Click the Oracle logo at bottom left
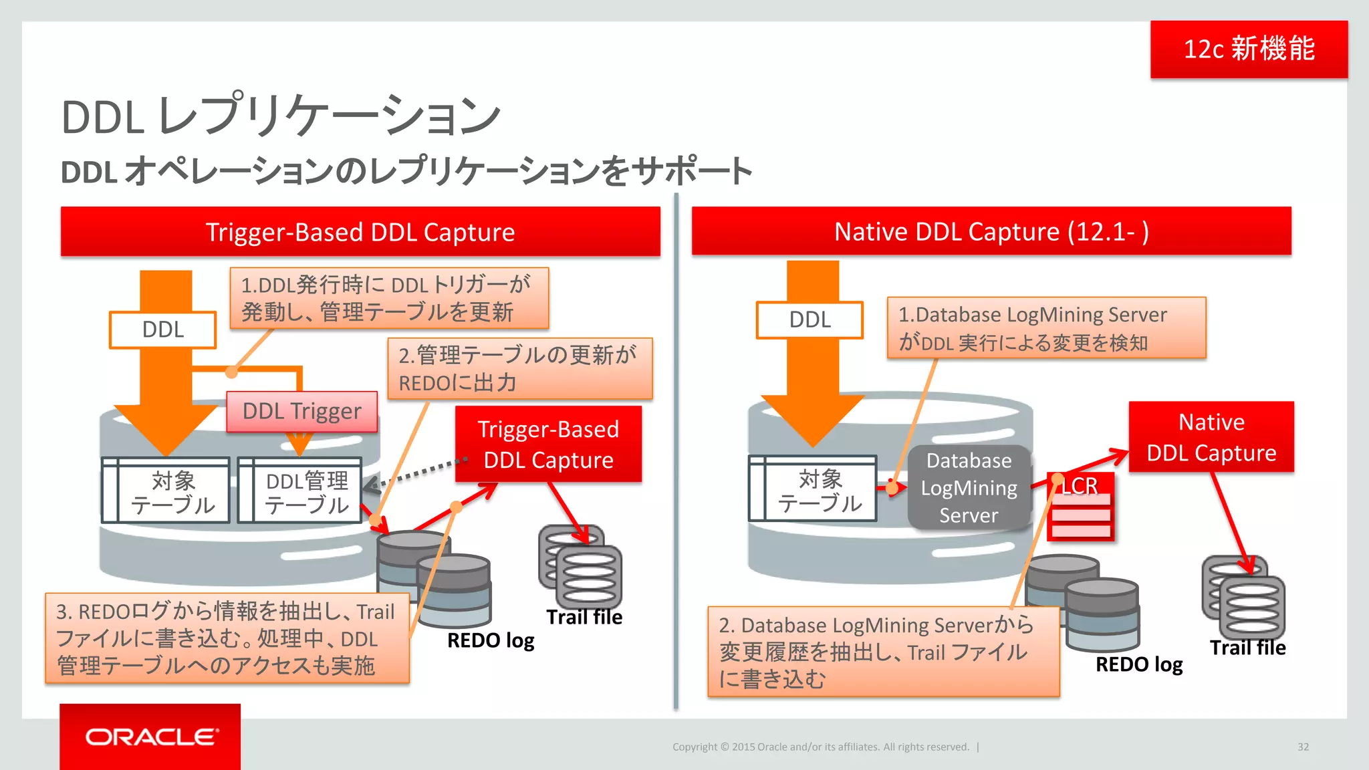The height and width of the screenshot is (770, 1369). pyautogui.click(x=151, y=737)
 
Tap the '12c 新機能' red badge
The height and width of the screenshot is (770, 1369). pyautogui.click(x=1249, y=49)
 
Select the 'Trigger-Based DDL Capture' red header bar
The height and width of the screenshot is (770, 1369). pyautogui.click(x=360, y=232)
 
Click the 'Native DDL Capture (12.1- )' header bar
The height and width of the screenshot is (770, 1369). pyautogui.click(x=991, y=231)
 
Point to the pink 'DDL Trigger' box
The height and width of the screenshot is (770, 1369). pyautogui.click(x=302, y=411)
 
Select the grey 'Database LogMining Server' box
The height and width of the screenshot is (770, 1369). pyautogui.click(x=969, y=488)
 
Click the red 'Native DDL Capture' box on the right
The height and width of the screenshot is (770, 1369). pyautogui.click(x=1211, y=437)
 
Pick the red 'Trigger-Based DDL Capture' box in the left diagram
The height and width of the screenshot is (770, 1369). pyautogui.click(x=548, y=444)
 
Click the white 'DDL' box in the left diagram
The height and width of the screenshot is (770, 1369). pyautogui.click(x=163, y=330)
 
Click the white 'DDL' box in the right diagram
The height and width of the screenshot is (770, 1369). pyautogui.click(x=810, y=320)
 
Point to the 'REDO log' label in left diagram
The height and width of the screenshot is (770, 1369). pyautogui.click(x=491, y=640)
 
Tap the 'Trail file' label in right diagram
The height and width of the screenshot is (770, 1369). pyautogui.click(x=1247, y=648)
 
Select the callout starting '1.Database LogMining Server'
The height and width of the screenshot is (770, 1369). pyautogui.click(x=1046, y=328)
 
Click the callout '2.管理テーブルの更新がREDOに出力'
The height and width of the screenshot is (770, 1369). pyautogui.click(x=519, y=369)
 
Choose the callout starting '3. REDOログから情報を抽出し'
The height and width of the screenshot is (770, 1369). pyautogui.click(x=227, y=638)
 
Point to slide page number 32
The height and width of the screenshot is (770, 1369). pyautogui.click(x=1303, y=747)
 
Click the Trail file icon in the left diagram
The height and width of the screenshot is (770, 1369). pyautogui.click(x=580, y=565)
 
